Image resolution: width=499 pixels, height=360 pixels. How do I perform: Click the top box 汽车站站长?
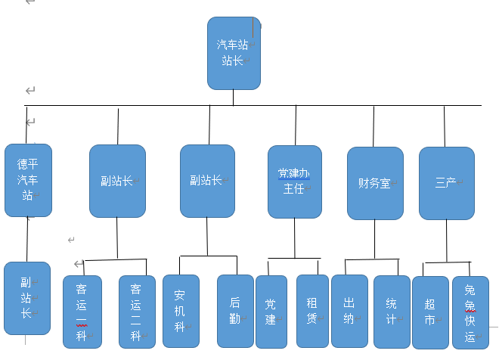(234, 53)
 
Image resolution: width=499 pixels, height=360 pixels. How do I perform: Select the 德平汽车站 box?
(28, 179)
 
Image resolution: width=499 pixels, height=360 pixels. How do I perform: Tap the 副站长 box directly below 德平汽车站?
(27, 298)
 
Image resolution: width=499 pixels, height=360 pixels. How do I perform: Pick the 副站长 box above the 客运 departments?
(117, 181)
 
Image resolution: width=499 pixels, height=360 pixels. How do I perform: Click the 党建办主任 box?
(295, 182)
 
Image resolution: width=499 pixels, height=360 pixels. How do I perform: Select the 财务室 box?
(375, 183)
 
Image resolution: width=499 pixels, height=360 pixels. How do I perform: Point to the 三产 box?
(446, 183)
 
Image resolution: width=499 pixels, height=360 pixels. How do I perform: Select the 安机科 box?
(181, 311)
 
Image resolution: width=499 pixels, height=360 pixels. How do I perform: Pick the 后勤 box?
(235, 311)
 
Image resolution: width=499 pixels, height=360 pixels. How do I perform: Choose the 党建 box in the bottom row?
(271, 311)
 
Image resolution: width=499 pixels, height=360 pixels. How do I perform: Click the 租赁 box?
(312, 310)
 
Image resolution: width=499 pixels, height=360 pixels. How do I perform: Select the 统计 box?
(392, 310)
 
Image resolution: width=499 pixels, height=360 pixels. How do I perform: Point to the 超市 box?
(430, 312)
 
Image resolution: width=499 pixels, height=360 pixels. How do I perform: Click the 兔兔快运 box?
(470, 312)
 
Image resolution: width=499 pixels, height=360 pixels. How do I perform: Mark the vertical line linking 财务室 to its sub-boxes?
(375, 239)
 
